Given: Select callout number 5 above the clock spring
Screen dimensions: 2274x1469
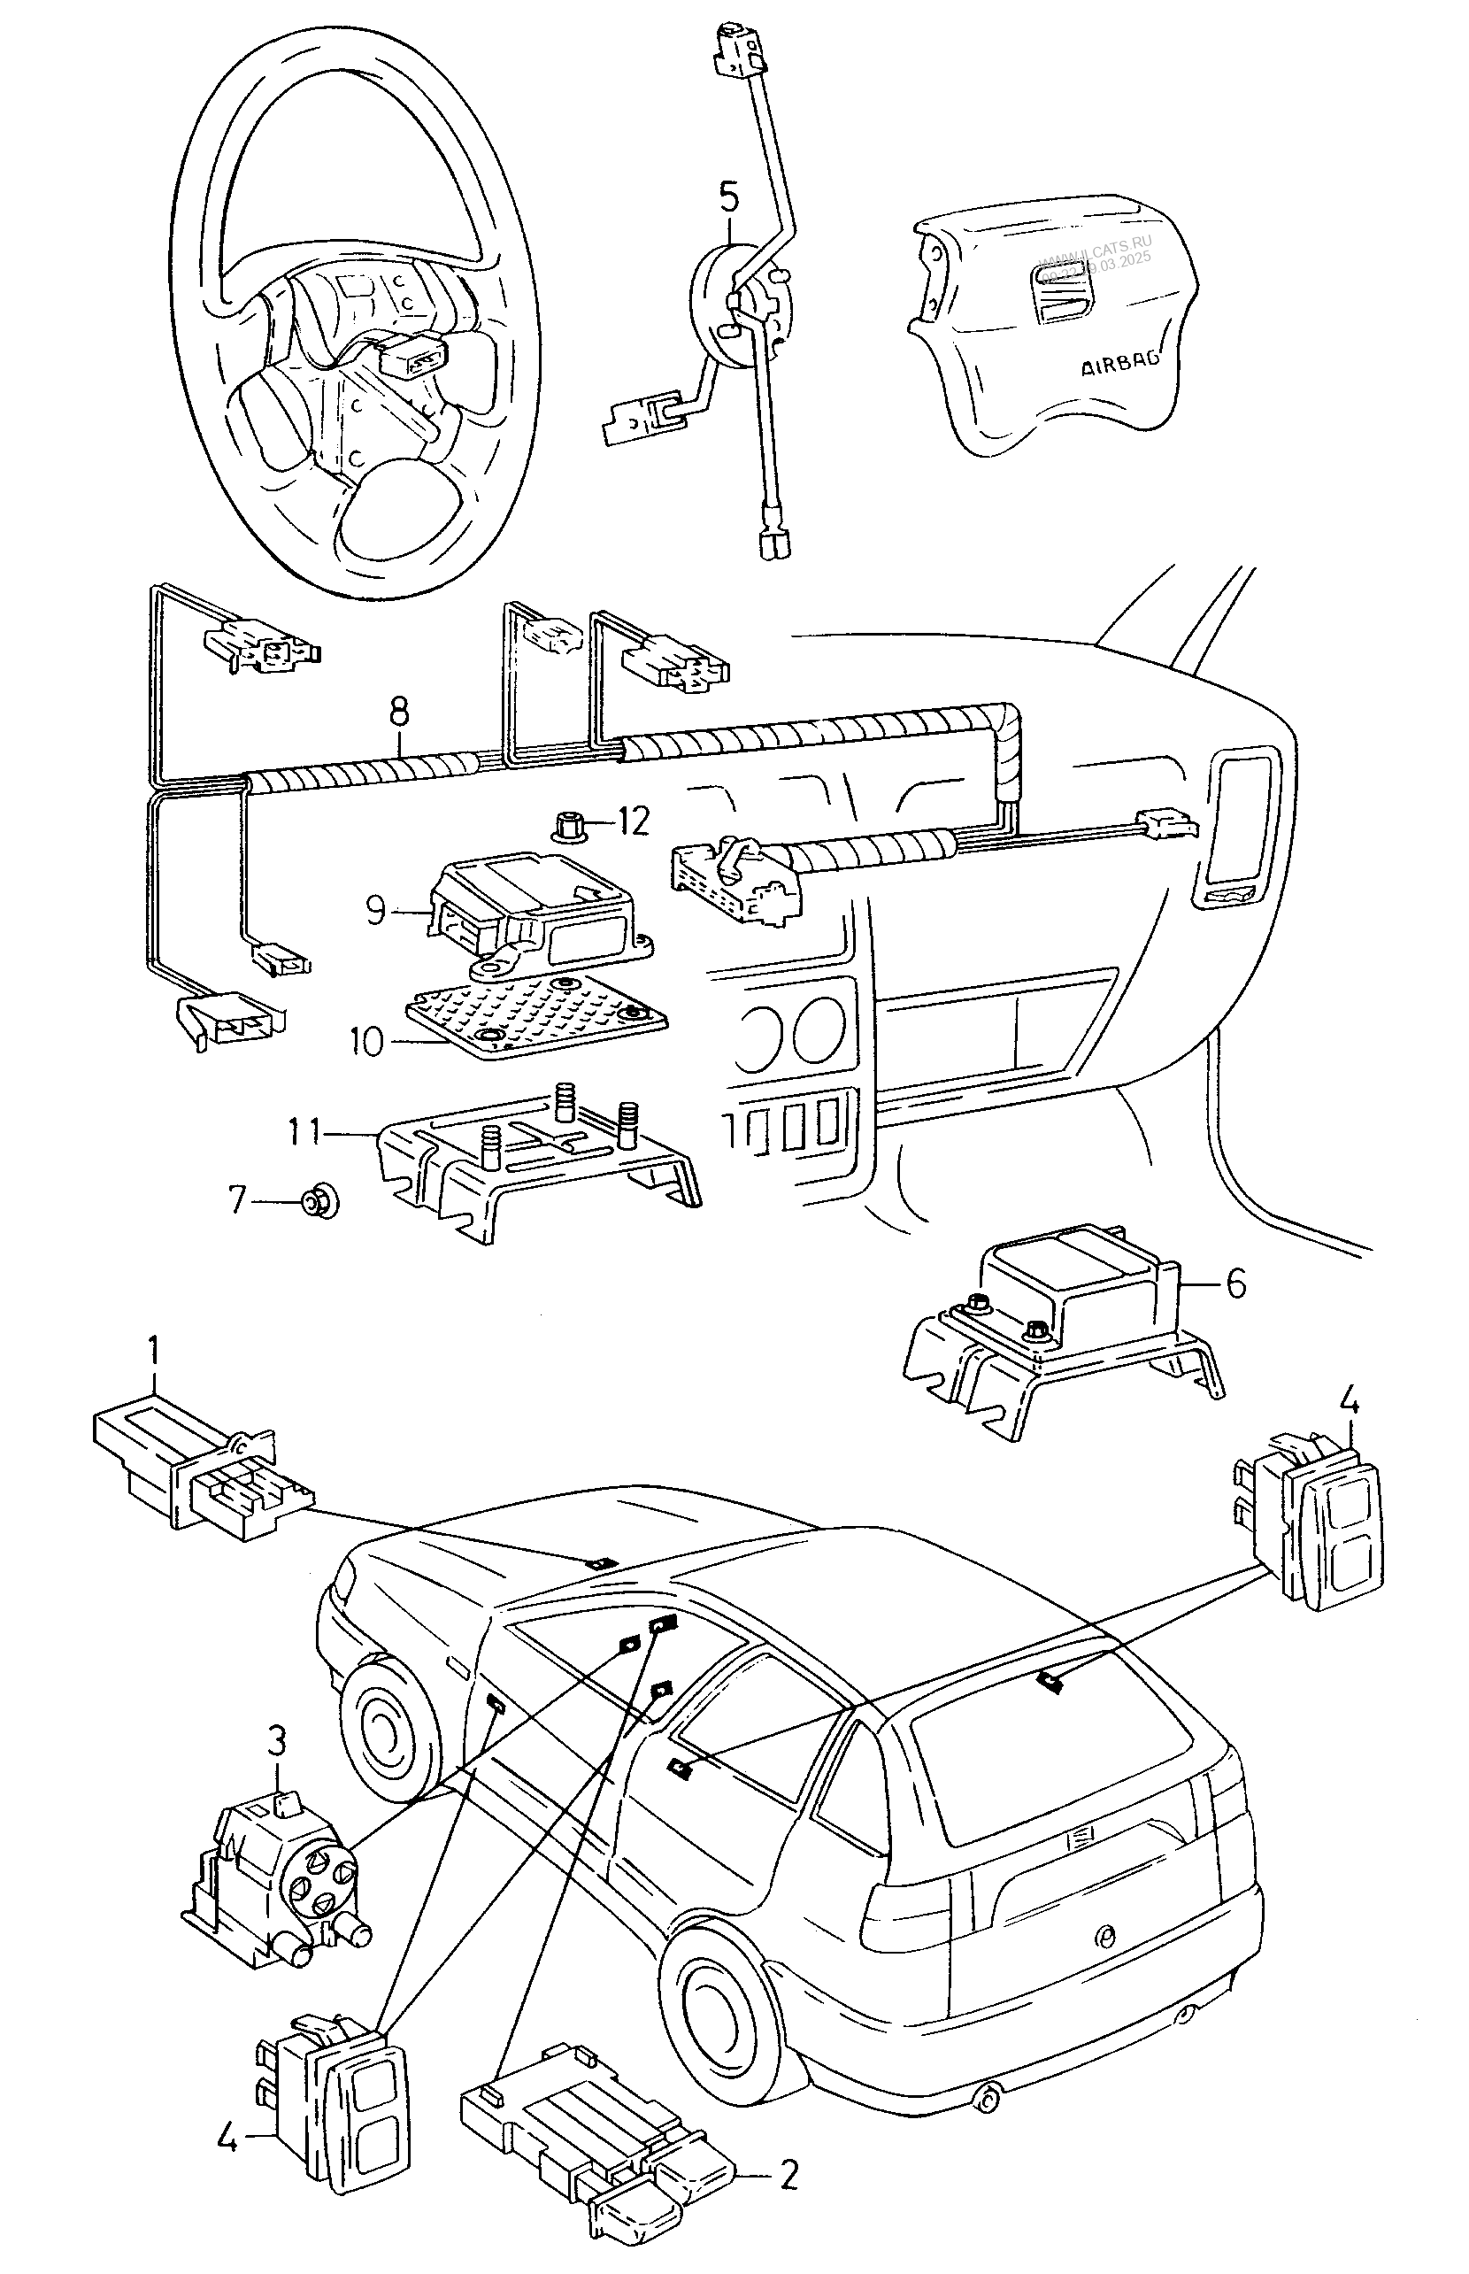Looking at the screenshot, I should pos(727,197).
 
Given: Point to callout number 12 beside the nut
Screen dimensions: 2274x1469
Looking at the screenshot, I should pos(633,821).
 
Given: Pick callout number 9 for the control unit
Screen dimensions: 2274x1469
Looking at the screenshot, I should pos(376,910).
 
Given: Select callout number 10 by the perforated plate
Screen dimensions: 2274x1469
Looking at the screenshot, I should pos(366,1041).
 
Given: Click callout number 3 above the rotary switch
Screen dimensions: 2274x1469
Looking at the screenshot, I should pos(276,1742).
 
